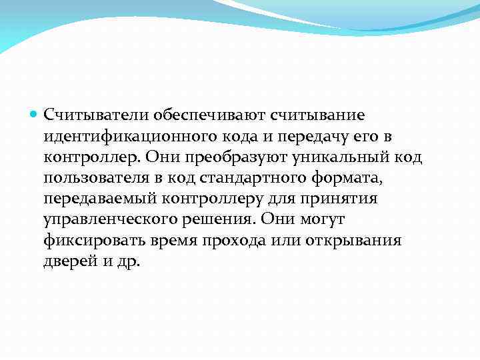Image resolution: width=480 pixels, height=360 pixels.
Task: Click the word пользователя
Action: tap(97, 178)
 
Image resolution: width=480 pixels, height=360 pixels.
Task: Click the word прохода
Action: tap(238, 241)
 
